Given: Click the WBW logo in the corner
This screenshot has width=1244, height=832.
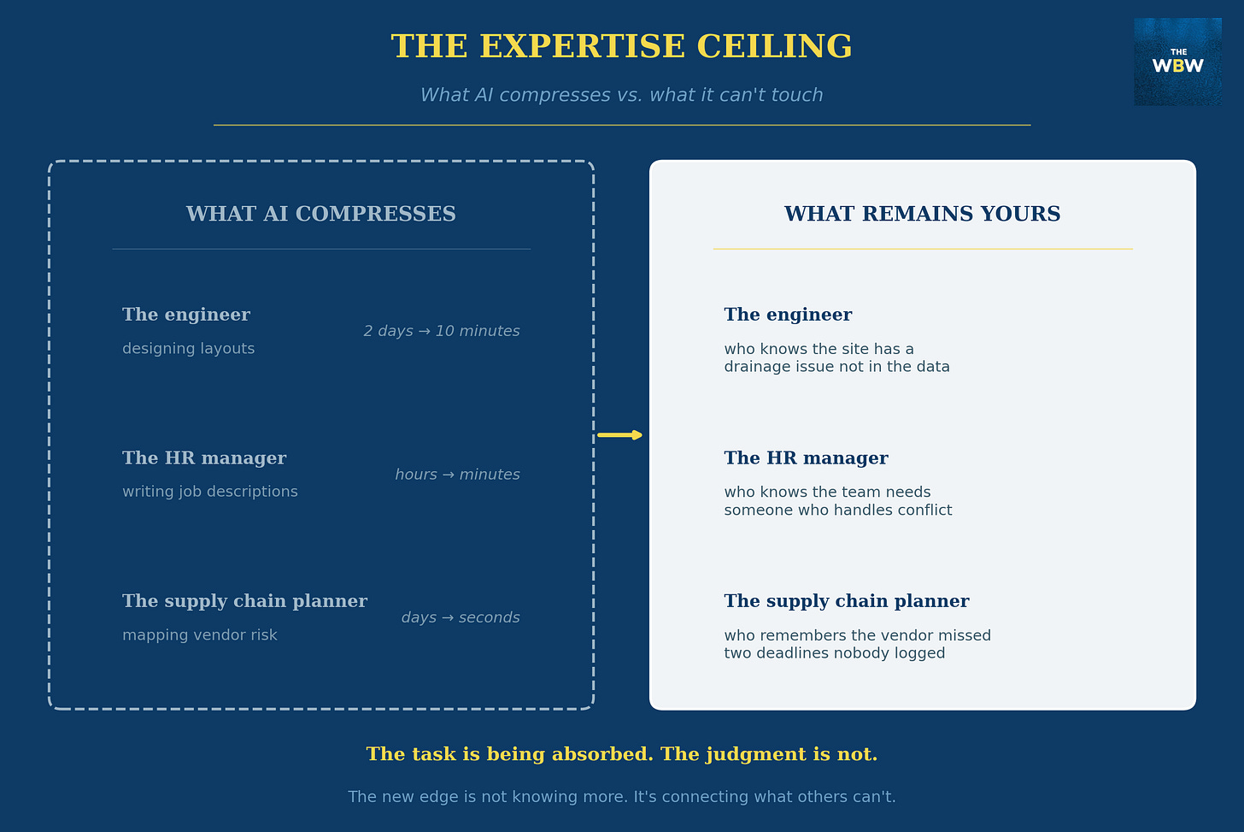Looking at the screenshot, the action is [x=1177, y=62].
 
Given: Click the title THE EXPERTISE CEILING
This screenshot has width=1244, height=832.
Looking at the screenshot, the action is [x=621, y=47].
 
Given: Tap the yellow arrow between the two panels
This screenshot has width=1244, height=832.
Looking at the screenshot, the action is [x=620, y=435].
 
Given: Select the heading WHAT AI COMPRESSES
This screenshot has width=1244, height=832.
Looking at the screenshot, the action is [x=320, y=214].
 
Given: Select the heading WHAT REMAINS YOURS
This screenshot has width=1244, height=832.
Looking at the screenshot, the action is [x=922, y=214].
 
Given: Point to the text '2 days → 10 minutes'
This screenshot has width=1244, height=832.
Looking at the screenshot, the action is [x=442, y=331].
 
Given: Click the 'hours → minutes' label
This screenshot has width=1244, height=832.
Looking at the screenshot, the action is [x=457, y=475].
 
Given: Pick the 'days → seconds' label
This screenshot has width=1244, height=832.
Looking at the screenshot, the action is [x=461, y=617].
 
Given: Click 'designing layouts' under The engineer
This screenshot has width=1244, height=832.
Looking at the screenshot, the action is [x=188, y=349].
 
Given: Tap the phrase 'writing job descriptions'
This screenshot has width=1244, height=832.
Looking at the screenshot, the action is [x=210, y=492].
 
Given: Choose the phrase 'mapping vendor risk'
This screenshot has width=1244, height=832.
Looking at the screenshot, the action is [x=200, y=635].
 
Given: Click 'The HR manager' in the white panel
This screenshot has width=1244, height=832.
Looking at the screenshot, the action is [x=806, y=458].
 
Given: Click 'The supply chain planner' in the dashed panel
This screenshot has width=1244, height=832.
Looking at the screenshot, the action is [x=244, y=601].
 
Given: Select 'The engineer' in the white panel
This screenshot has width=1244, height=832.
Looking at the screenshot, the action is [x=788, y=315].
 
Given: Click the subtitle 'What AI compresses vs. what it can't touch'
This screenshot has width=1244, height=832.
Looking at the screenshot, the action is [x=621, y=95].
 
